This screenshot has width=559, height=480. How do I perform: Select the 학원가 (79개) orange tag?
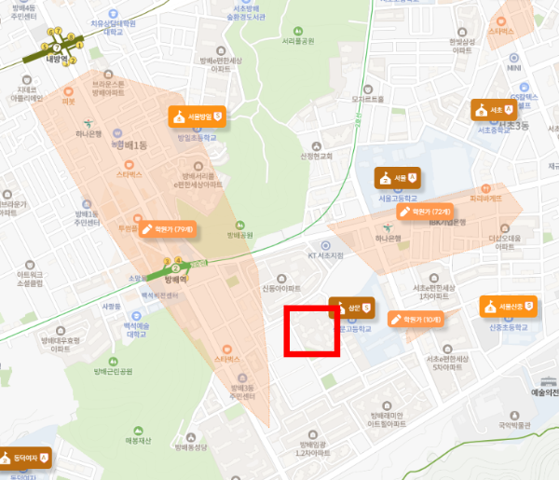[x=168, y=228]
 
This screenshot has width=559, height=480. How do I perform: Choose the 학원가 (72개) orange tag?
[x=425, y=212]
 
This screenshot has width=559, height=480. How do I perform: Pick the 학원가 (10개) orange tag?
[x=415, y=320]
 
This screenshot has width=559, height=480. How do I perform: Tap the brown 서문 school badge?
[x=398, y=177]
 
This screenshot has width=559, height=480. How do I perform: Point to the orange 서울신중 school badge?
[x=509, y=306]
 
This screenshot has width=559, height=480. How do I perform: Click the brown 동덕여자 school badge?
[x=25, y=459]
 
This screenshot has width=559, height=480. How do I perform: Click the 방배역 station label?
[x=176, y=278]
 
